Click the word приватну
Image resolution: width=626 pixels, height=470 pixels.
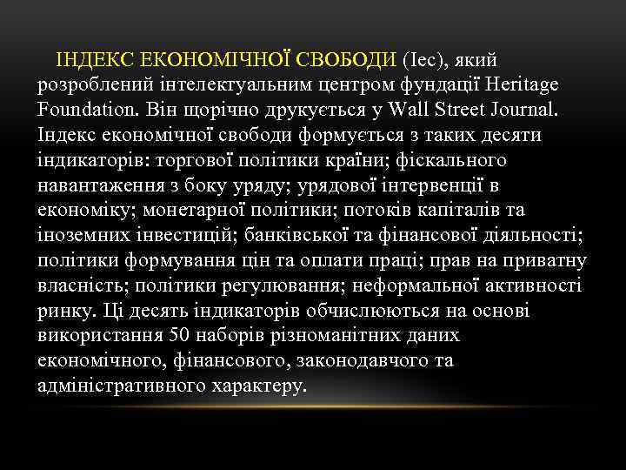click(x=543, y=260)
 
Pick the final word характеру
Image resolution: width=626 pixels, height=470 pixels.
click(x=259, y=385)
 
